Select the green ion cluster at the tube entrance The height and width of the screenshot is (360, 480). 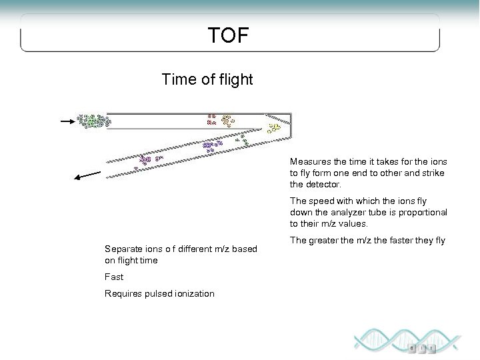tap(93, 121)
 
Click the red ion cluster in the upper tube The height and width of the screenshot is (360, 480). tap(211, 120)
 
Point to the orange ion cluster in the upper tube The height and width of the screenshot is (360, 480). tap(227, 121)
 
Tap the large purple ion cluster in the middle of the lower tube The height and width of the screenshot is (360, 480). tap(212, 145)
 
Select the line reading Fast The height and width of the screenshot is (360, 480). tap(114, 277)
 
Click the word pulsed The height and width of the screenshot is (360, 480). tap(159, 293)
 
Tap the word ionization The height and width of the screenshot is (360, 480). tap(194, 293)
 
